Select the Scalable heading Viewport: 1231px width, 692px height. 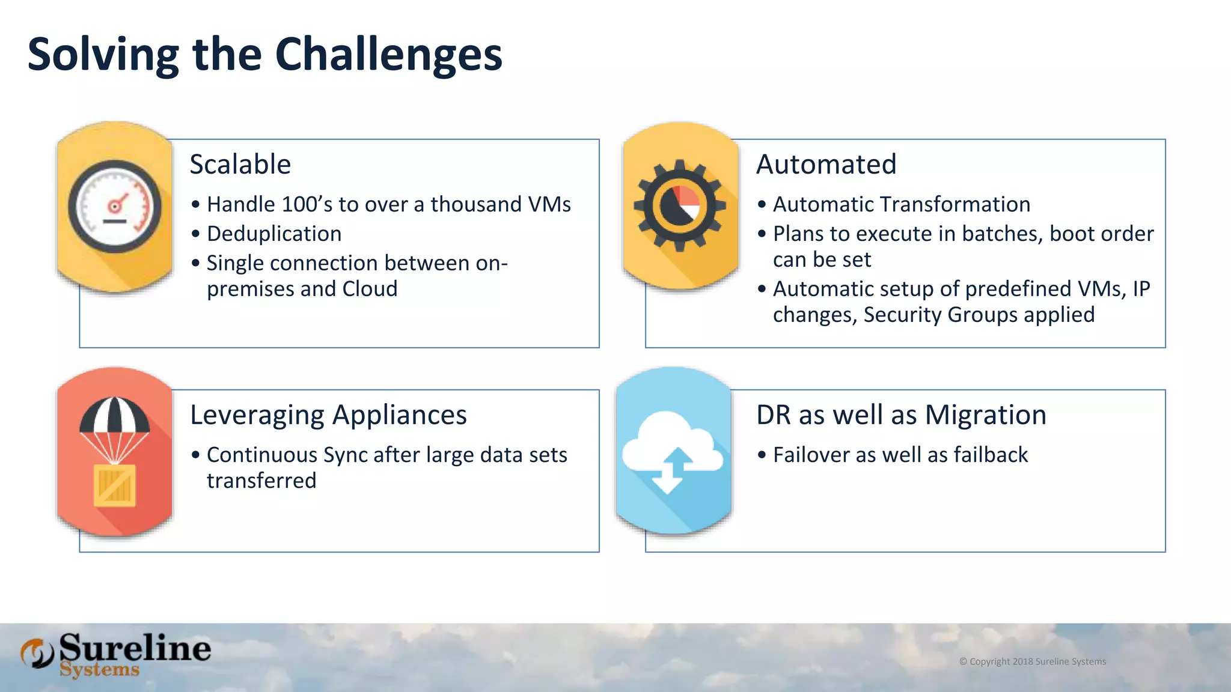tap(240, 165)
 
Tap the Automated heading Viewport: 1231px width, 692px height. tap(826, 165)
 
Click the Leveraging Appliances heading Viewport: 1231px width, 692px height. tap(328, 415)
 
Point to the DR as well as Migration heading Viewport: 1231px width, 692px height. tap(901, 415)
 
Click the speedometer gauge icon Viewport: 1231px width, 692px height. tap(115, 207)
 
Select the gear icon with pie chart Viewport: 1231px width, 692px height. tap(680, 205)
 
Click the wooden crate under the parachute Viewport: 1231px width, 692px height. tap(114, 485)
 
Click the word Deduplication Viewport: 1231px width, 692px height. tap(274, 234)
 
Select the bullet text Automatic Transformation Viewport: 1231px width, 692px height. tap(901, 204)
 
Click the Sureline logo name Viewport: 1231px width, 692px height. tap(135, 648)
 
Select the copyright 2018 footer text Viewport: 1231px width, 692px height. tap(1032, 661)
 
